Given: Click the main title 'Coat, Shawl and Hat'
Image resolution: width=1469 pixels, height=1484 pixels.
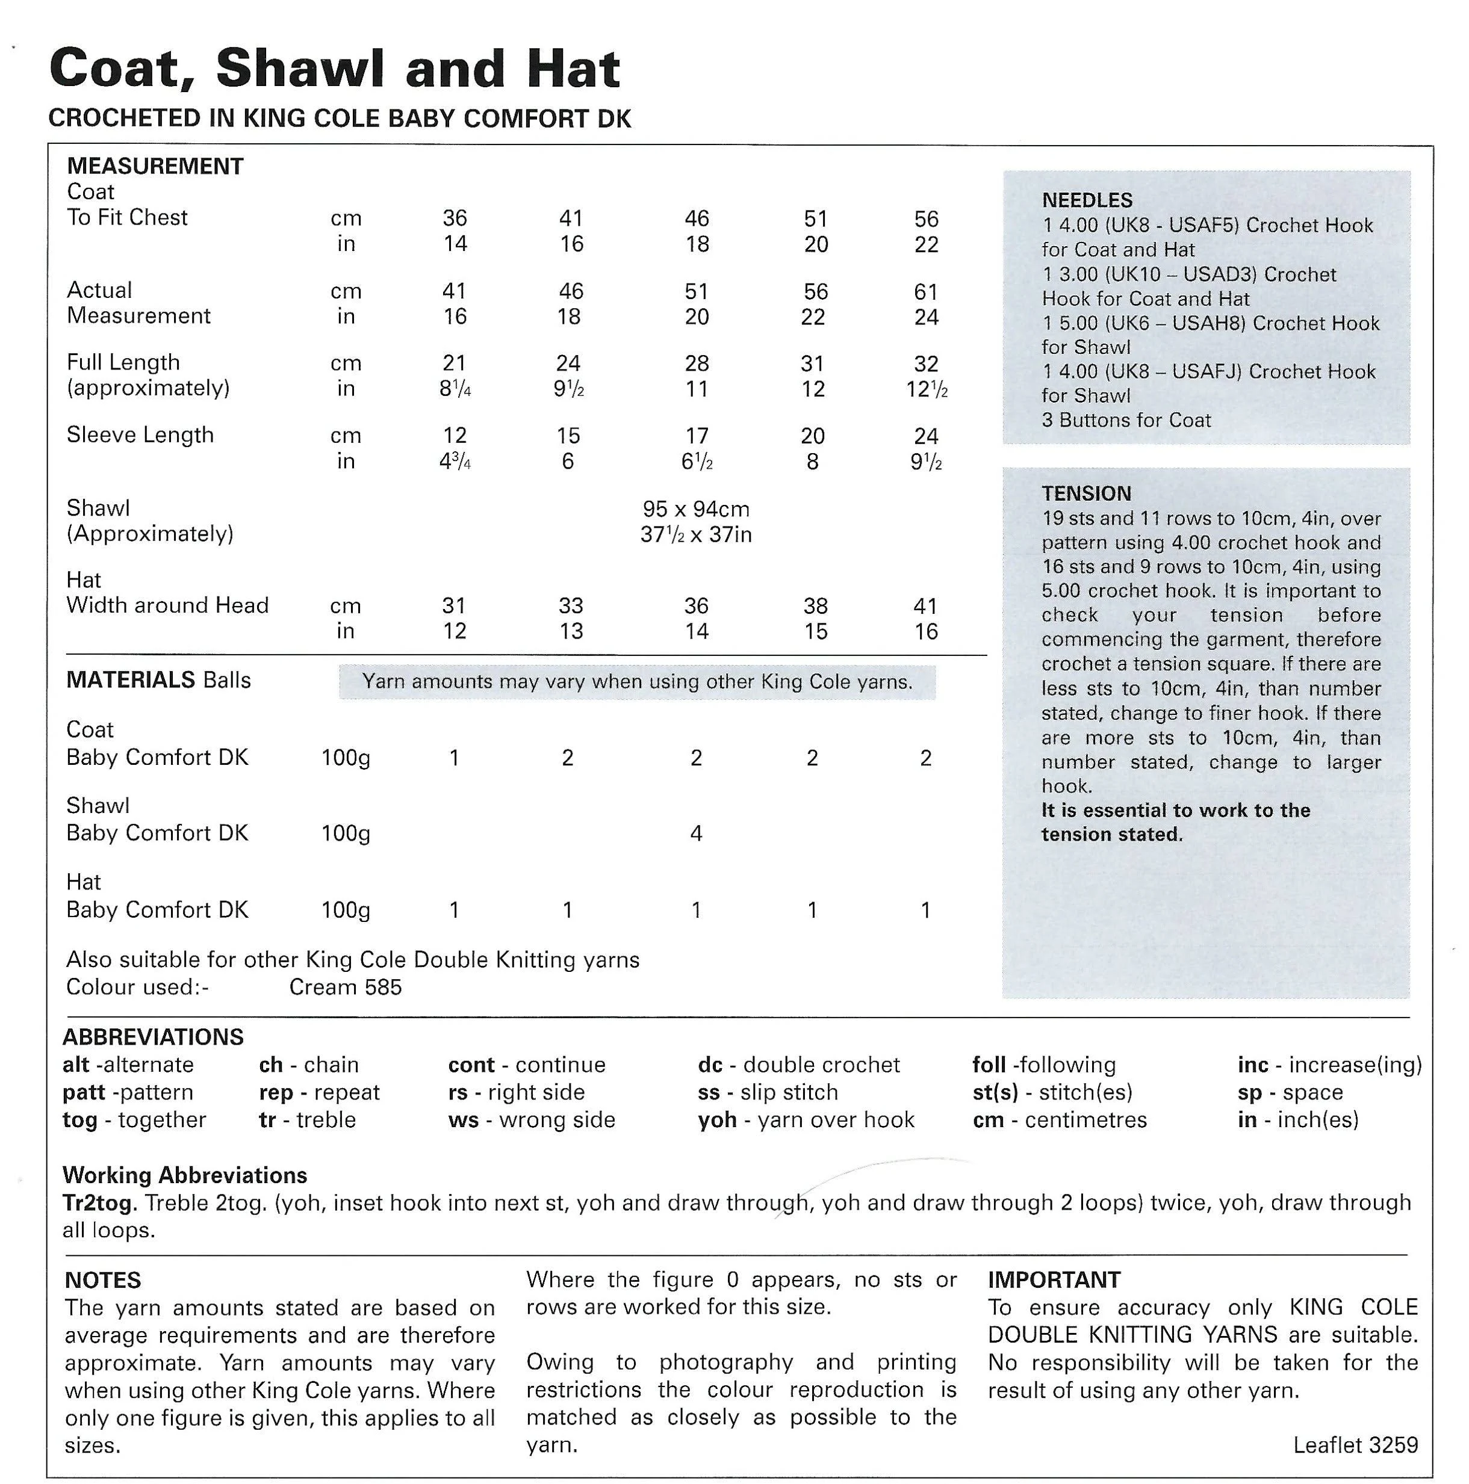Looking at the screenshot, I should point(334,70).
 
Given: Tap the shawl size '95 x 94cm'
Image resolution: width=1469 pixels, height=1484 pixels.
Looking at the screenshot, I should point(695,509).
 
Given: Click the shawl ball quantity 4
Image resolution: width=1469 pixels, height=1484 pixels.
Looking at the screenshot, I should point(695,833).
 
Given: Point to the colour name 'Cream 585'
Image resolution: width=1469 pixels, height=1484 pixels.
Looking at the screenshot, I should point(345,987).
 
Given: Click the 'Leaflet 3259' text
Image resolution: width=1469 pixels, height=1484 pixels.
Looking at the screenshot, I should point(1355,1445).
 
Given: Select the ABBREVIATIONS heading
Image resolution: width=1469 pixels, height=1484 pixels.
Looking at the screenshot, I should point(153,1037).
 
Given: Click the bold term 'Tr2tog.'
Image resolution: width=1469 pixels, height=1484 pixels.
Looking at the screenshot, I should point(100,1202).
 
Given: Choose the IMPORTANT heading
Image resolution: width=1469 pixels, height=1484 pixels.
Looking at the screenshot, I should point(1054,1279).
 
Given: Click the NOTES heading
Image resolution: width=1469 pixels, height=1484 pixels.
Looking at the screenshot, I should point(103,1281).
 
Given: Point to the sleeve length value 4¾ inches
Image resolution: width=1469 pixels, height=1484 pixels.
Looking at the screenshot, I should point(455,462).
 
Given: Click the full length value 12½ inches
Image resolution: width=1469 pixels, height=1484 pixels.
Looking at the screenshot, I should point(927,389).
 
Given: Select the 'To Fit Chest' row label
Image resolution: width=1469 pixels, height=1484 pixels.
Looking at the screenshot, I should point(127,217).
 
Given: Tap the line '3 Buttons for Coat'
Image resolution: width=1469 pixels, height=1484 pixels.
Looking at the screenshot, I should point(1126,420).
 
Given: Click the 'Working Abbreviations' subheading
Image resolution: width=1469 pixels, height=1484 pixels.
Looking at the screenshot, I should point(184,1175).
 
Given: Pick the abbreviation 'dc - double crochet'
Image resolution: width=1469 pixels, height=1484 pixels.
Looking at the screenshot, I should point(798,1065).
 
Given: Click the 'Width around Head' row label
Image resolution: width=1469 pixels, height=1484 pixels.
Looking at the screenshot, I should point(167,605).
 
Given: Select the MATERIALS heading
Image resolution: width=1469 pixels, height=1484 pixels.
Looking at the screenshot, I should point(131,680).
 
